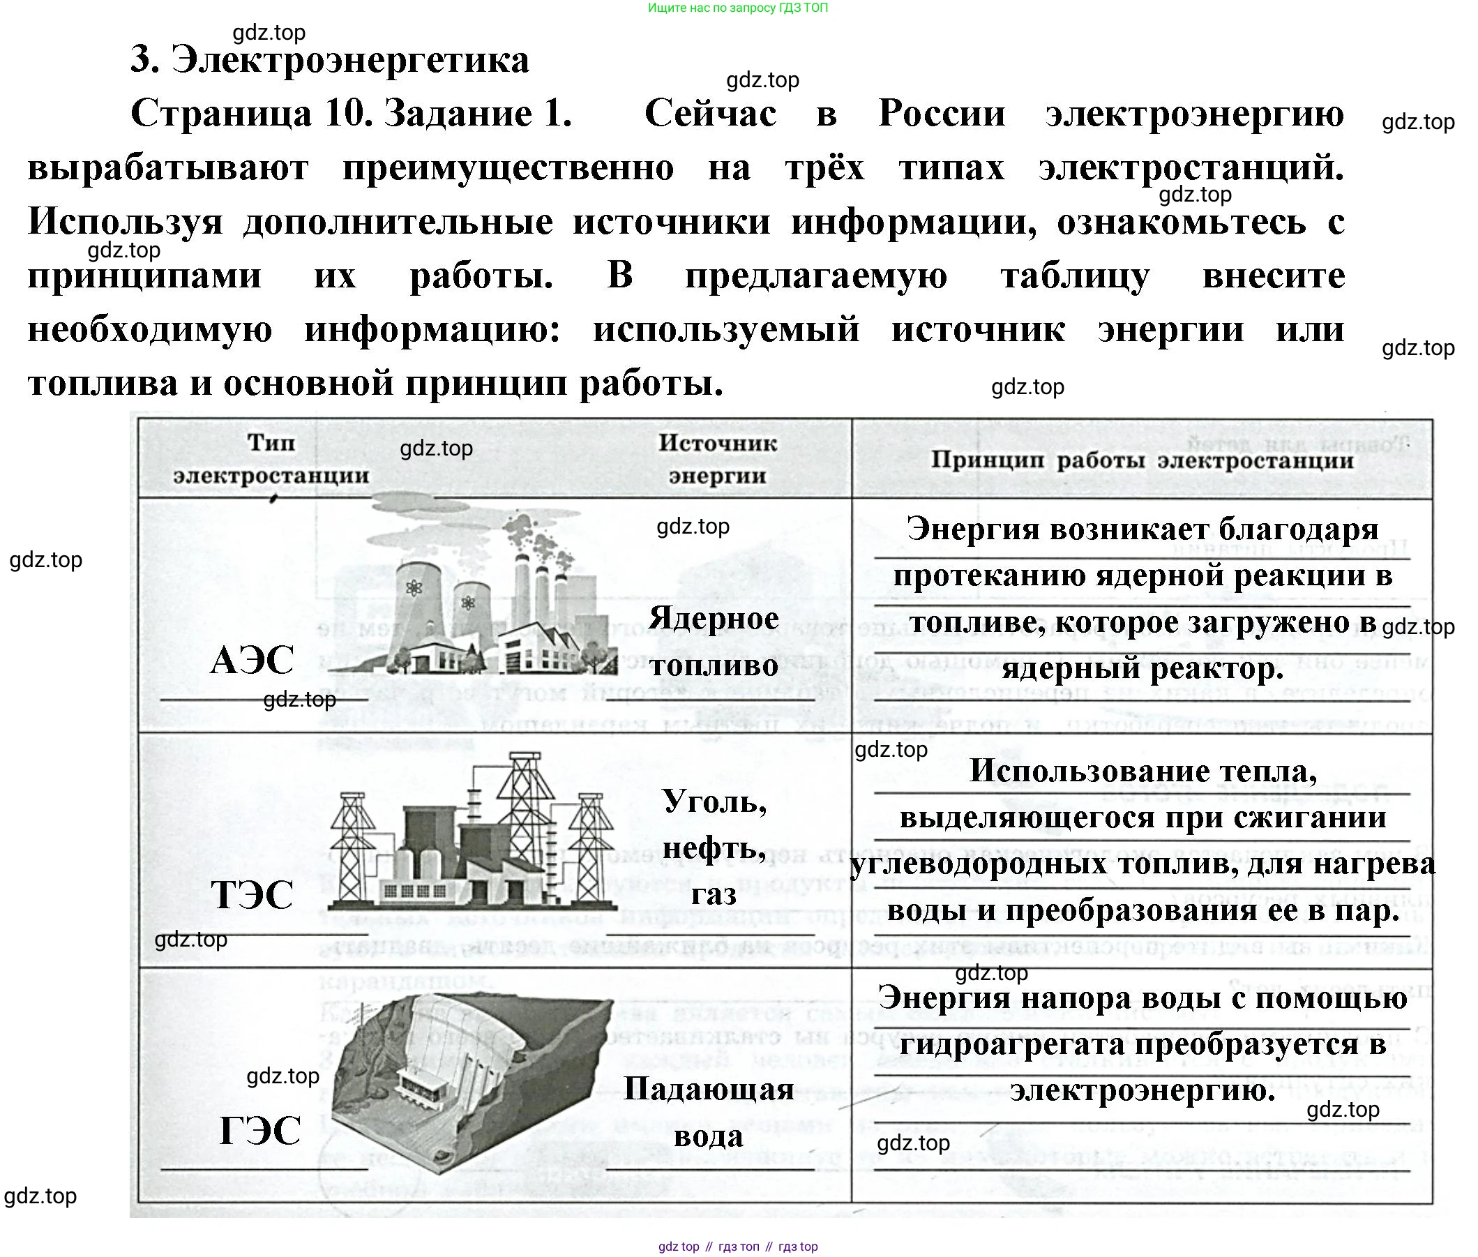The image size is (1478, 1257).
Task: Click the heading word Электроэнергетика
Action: pyautogui.click(x=350, y=60)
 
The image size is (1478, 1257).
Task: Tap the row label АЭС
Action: pyautogui.click(x=252, y=660)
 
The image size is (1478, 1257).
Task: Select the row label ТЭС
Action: pyautogui.click(x=252, y=894)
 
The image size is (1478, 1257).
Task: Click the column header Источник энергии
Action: pyautogui.click(x=717, y=459)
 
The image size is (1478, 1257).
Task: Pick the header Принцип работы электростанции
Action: pyautogui.click(x=1142, y=460)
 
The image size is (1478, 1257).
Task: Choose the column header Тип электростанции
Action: pyautogui.click(x=271, y=459)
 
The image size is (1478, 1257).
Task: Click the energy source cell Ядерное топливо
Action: pyautogui.click(x=714, y=641)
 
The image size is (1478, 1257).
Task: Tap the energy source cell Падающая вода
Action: pyautogui.click(x=709, y=1112)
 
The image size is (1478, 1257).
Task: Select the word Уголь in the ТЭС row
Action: pyautogui.click(x=715, y=801)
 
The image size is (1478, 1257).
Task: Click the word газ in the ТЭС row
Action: pyautogui.click(x=714, y=894)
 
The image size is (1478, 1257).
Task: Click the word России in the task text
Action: pyautogui.click(x=942, y=114)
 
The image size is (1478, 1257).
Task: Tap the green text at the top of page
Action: pyautogui.click(x=737, y=8)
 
